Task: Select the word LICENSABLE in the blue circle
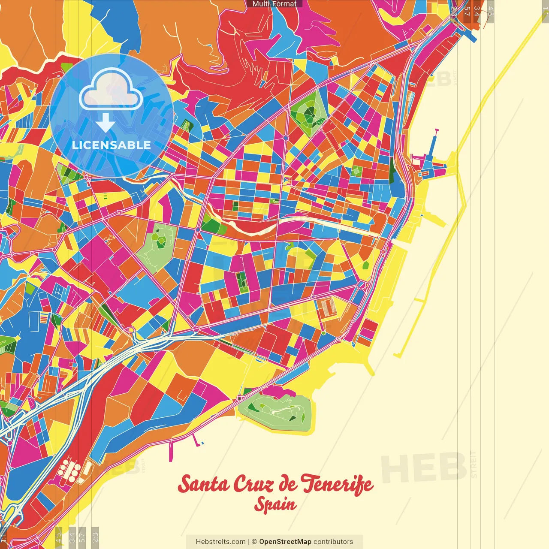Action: point(112,145)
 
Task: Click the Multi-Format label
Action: point(274,4)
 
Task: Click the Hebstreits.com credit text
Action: point(220,542)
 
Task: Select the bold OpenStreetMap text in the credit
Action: point(285,542)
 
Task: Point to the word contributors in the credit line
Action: point(333,542)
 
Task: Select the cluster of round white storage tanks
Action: point(69,470)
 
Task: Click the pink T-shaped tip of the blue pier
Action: point(437,130)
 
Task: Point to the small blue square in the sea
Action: point(202,443)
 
